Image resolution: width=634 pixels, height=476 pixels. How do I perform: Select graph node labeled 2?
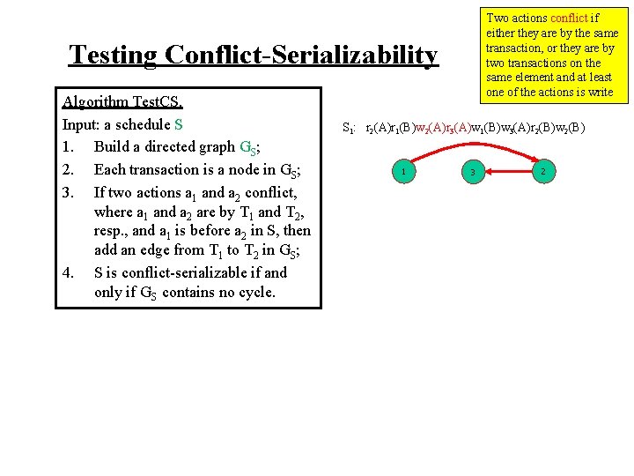(x=544, y=171)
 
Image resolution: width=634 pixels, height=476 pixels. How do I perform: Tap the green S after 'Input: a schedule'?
(x=179, y=124)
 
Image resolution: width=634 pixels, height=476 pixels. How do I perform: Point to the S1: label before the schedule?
(x=349, y=128)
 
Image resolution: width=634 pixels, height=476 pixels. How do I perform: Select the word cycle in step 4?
(x=254, y=293)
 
